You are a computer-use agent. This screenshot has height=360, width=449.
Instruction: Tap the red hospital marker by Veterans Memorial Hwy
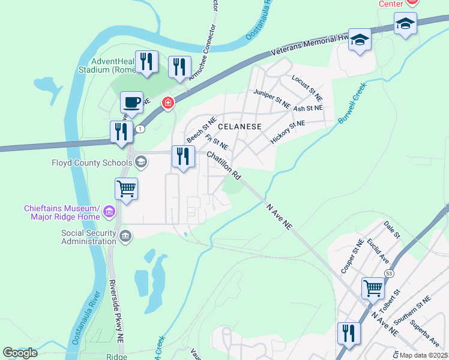point(168,104)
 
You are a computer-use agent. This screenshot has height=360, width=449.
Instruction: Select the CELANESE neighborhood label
point(240,127)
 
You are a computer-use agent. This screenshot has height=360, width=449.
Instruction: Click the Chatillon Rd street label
point(224,165)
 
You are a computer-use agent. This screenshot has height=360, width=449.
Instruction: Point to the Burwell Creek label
point(352,104)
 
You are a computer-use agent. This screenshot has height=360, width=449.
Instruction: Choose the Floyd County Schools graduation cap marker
point(141,161)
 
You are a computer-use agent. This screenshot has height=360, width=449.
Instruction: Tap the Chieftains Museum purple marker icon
point(109,211)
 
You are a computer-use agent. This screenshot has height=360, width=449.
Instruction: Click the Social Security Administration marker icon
point(125,236)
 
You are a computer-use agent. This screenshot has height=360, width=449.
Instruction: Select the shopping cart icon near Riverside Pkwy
point(127,189)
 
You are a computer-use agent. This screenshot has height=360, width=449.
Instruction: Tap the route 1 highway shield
point(140,129)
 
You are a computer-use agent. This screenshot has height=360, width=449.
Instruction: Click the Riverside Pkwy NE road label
point(116,310)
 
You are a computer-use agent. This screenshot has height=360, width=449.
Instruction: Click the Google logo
point(20,353)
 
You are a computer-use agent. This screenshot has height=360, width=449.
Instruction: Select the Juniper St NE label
point(271,98)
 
